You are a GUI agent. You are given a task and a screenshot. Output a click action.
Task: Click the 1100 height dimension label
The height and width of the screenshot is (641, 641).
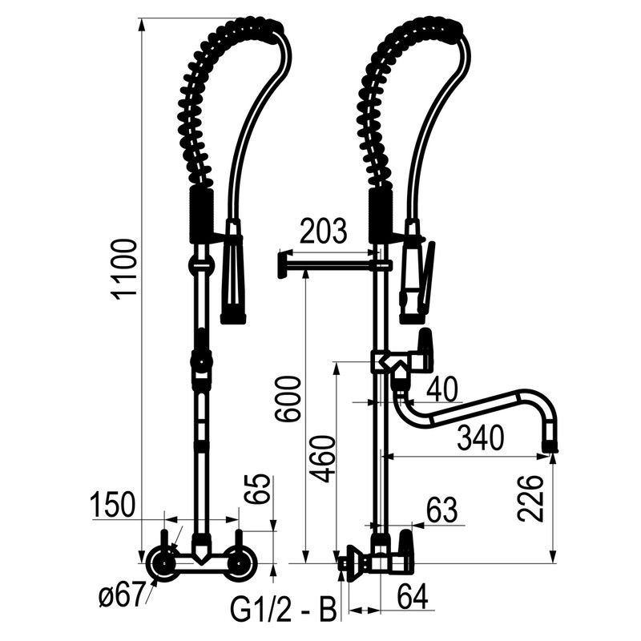[124, 270]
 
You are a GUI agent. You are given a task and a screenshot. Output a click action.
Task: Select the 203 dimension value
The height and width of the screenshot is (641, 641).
[324, 232]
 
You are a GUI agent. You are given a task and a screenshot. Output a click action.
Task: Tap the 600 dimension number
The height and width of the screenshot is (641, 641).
[288, 399]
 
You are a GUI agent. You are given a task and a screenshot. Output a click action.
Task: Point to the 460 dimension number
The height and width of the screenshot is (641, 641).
[322, 459]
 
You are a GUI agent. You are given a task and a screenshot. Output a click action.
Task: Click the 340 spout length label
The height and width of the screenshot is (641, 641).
[480, 437]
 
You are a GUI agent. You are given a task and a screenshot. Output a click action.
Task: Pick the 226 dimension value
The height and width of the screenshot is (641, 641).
[530, 498]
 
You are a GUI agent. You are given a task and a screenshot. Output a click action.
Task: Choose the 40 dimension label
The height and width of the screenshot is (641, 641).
[442, 389]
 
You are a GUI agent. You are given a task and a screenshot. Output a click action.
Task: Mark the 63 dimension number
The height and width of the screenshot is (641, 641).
[442, 510]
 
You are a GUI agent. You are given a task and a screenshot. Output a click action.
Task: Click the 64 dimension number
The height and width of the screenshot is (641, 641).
[413, 596]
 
